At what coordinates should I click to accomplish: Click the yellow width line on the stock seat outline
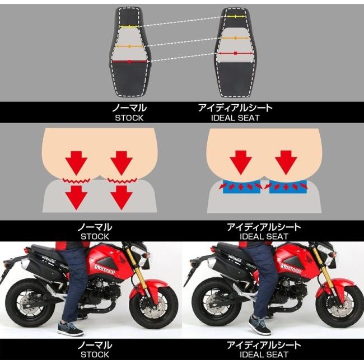[130, 27]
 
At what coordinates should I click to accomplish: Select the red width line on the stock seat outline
[130, 62]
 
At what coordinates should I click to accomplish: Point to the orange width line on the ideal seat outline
[235, 38]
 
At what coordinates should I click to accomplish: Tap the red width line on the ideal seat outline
[235, 53]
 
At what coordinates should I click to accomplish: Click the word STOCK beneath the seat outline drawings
[129, 118]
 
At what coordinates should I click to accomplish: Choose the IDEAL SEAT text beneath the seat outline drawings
[235, 118]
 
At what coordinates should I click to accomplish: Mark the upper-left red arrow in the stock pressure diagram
[77, 162]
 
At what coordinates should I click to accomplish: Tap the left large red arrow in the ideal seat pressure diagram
[239, 161]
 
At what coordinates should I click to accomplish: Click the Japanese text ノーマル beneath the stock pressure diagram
[92, 227]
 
